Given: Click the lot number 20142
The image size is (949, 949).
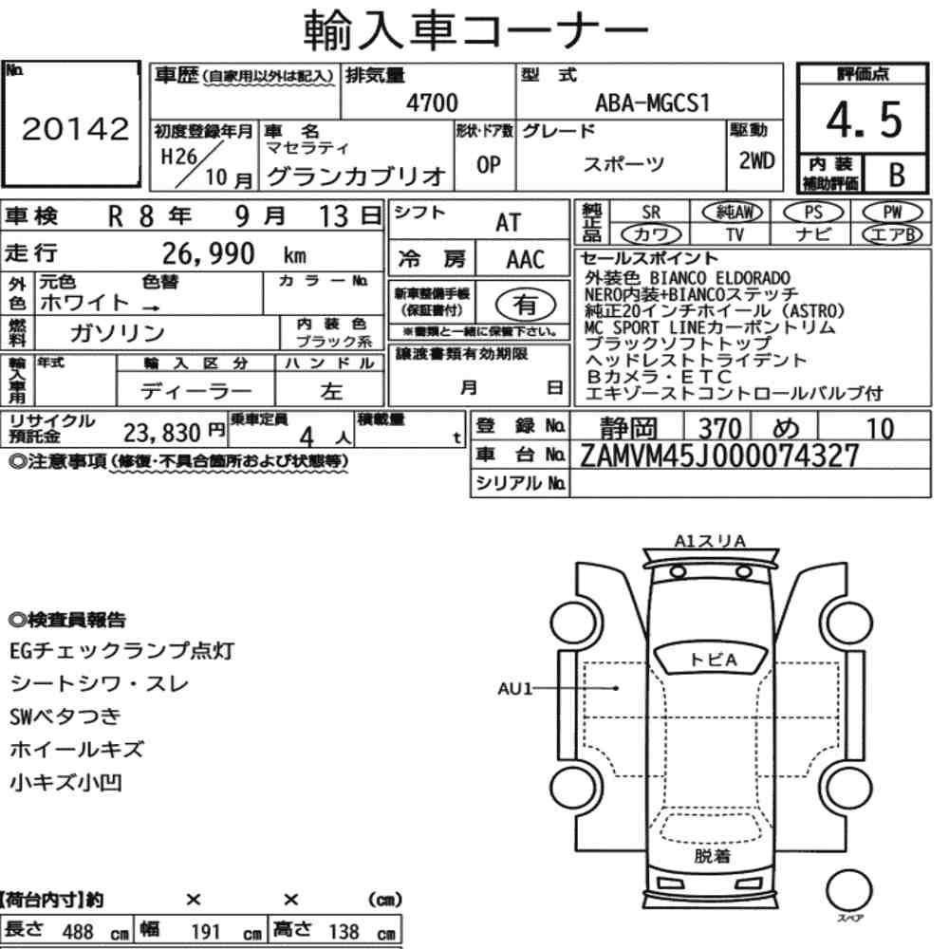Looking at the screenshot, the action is coord(76,128).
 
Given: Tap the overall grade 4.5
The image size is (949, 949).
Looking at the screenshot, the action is coord(864,120).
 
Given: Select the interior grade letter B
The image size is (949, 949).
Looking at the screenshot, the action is coord(897,175).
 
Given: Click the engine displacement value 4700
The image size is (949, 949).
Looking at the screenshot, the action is coord(432,102).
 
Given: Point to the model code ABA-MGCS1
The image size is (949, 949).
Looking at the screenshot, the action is coord(652,102).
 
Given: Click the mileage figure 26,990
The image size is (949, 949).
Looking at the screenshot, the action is coord(208,253).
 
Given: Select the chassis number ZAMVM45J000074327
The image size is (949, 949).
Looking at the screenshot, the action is coord(719,456).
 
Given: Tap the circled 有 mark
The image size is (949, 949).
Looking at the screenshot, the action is coord(525,305).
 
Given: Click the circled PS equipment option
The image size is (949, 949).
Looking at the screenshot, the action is coord(813,213).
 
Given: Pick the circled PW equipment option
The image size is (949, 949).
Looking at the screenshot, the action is coord(892,213).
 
